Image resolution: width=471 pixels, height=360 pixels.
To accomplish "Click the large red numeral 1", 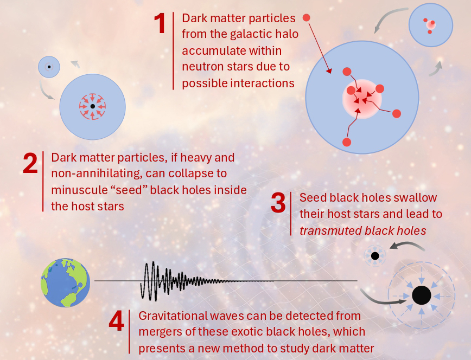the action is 160,23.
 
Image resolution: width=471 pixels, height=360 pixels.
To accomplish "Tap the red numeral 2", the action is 30,163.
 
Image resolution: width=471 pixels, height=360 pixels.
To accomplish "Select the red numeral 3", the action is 278,203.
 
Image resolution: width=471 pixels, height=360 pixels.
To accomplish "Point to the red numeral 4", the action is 116,322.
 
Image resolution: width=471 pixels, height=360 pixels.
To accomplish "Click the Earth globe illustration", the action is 66,282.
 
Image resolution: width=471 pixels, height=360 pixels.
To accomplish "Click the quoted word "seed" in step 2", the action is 128,190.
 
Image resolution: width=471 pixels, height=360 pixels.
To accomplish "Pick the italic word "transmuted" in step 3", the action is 329,230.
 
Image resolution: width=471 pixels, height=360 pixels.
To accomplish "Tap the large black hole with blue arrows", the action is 422,295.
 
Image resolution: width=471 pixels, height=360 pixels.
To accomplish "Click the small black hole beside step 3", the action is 375,256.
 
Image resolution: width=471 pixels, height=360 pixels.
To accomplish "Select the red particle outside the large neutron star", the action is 306,18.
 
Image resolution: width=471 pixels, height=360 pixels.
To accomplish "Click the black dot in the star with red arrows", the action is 92,106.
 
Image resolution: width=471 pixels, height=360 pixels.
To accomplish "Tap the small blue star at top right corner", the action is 431,25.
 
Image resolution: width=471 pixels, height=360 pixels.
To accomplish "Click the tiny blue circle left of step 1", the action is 49,67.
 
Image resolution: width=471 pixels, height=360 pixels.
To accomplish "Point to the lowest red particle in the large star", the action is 347,142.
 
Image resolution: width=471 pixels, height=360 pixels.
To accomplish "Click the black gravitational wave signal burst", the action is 207,281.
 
